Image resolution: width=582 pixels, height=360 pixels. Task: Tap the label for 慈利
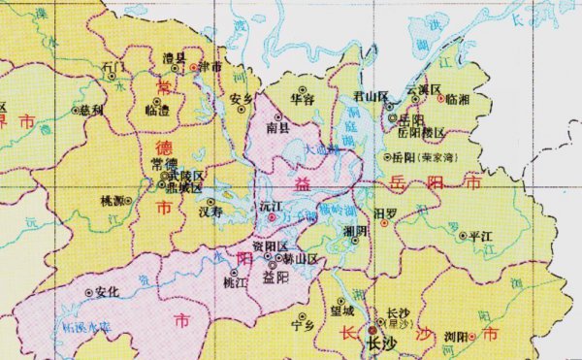tap(93, 110)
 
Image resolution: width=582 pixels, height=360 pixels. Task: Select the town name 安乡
tap(242, 98)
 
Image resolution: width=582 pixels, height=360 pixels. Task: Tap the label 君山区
tap(370, 96)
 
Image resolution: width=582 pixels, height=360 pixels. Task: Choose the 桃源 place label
tap(113, 201)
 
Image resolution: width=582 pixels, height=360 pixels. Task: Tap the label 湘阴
tap(355, 229)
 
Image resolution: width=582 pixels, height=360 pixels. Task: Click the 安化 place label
tap(107, 291)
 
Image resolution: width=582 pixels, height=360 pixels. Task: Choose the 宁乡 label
tap(304, 327)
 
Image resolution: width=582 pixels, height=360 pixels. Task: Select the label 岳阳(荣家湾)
tap(428, 155)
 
